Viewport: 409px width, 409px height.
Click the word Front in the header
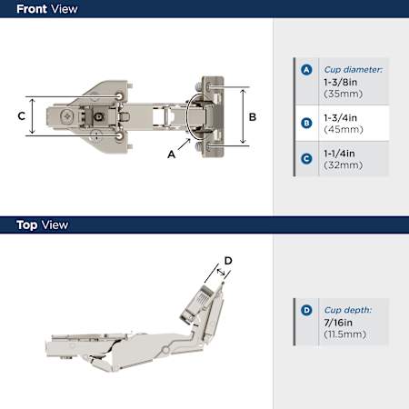tap(32, 9)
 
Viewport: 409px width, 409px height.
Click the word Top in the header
tap(27, 225)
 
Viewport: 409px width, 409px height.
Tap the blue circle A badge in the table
tap(306, 70)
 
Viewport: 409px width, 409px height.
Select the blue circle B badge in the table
tap(306, 124)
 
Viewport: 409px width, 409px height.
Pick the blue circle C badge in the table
tap(306, 159)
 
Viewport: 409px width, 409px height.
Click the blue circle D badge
tap(306, 310)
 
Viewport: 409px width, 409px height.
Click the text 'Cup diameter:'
tap(354, 70)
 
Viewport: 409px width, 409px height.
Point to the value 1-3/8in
tap(341, 82)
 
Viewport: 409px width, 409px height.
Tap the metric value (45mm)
tap(344, 130)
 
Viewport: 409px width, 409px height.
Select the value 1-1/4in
tap(339, 154)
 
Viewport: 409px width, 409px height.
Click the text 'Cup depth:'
tap(348, 310)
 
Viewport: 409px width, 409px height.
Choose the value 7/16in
tap(338, 323)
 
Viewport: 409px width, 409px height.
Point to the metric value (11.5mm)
tap(345, 334)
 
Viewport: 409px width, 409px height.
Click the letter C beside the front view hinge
tap(22, 116)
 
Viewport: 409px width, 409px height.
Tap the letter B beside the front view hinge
tap(253, 117)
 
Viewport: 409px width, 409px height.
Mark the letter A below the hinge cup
tap(172, 155)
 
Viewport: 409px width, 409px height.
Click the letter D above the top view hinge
tap(228, 261)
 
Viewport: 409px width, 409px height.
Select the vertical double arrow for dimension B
tap(243, 116)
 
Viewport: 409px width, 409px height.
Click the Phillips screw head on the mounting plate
tap(67, 116)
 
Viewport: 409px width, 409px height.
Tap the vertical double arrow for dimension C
tap(33, 116)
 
